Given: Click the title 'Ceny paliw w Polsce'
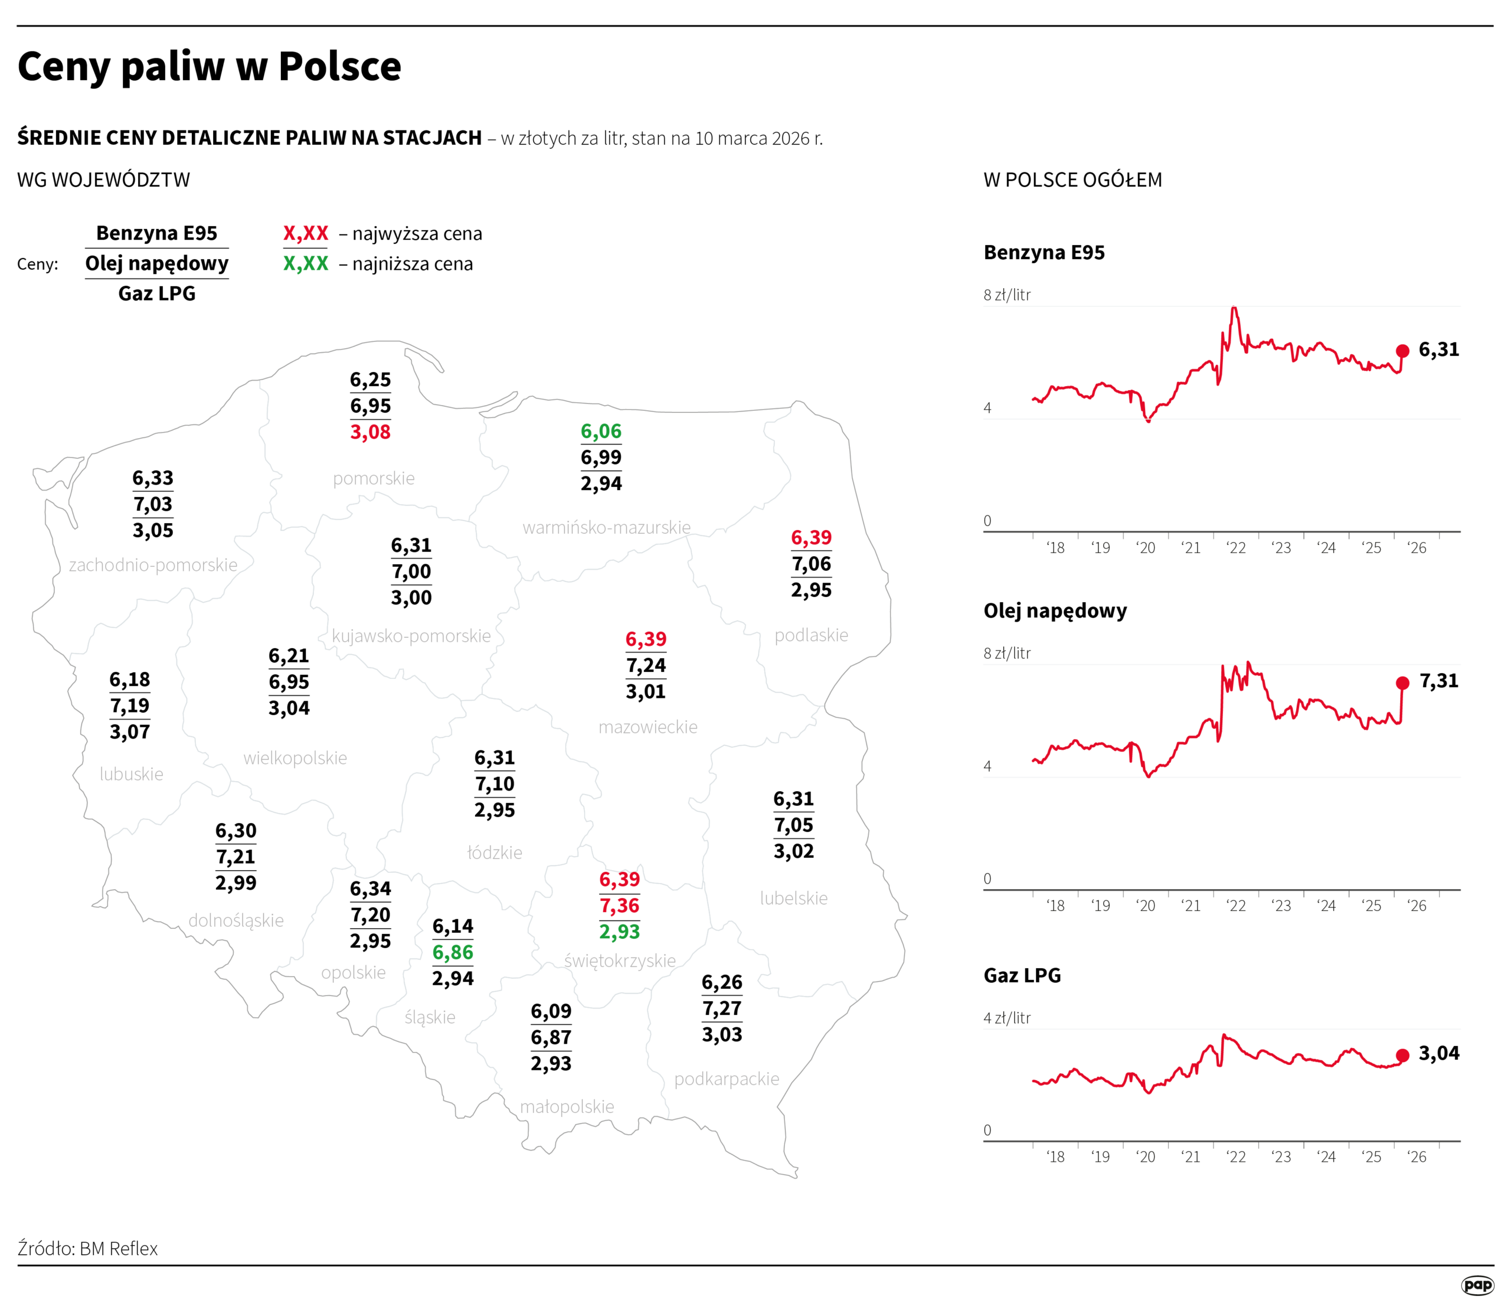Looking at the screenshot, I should tap(209, 67).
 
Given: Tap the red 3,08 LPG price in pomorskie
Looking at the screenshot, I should tap(370, 432).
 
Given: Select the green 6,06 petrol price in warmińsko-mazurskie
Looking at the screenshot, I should tap(601, 432).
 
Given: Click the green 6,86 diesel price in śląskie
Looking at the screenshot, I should tap(453, 952).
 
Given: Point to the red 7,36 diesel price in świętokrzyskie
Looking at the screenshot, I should tap(619, 906).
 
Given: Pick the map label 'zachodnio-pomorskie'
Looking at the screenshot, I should tap(153, 565).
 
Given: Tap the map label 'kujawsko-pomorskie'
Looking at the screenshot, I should tap(411, 636).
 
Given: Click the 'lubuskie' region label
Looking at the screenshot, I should tap(132, 773).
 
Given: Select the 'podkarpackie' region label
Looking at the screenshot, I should tap(726, 1079).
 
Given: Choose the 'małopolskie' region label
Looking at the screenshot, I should tap(567, 1107).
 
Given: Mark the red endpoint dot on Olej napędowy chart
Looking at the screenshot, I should tap(1402, 683).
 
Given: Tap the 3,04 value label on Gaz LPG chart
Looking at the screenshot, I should tap(1438, 1053).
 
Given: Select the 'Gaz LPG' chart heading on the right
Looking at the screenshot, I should tap(1022, 975).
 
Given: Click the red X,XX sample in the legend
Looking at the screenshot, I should tap(306, 234).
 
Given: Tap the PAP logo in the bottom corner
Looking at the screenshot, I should tap(1477, 1285).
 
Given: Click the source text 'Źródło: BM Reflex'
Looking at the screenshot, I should tap(88, 1249).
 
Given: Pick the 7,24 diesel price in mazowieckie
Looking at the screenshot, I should tap(646, 665).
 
